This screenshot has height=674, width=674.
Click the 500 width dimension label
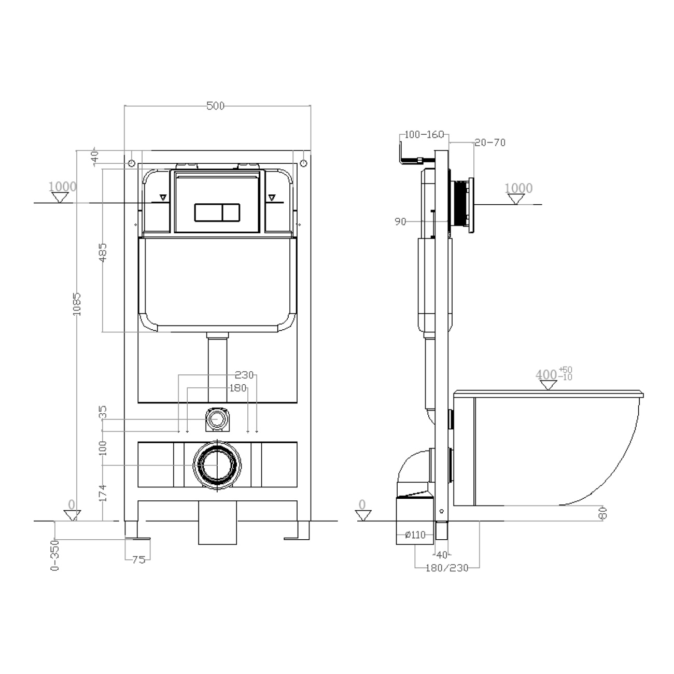[x=215, y=106]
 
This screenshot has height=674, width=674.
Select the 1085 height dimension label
[x=77, y=304]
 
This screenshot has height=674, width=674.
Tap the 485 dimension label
[x=103, y=252]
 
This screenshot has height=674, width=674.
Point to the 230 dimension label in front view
[x=244, y=375]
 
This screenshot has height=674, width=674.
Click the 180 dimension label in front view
[x=238, y=388]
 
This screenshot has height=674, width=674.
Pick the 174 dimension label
[x=103, y=493]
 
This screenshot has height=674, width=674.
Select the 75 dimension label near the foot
[x=138, y=559]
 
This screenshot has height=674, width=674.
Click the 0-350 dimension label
[x=55, y=555]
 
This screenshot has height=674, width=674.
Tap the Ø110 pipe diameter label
[x=415, y=535]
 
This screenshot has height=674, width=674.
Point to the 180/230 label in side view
[x=446, y=568]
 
